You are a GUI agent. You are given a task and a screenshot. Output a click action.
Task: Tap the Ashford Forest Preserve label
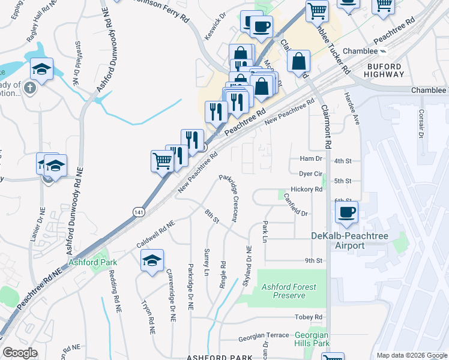click(289, 291)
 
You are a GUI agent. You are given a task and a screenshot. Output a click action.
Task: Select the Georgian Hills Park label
click(312, 340)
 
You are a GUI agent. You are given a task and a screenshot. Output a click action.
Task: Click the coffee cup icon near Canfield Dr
click(346, 212)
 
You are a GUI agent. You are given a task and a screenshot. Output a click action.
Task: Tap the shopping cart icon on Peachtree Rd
click(162, 161)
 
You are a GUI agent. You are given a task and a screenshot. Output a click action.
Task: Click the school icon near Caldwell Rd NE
click(152, 260)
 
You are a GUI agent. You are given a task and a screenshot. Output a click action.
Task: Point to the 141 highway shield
click(139, 212)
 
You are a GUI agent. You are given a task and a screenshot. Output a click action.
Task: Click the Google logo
click(20, 353)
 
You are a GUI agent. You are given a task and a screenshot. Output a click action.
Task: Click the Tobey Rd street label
click(309, 317)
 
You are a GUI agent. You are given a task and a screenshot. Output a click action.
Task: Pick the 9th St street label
click(313, 260)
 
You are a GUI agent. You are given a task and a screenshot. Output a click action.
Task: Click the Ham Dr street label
click(311, 159)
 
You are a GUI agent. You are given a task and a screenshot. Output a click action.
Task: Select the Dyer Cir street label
click(311, 173)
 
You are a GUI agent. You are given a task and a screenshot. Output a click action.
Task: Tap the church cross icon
click(31, 89)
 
